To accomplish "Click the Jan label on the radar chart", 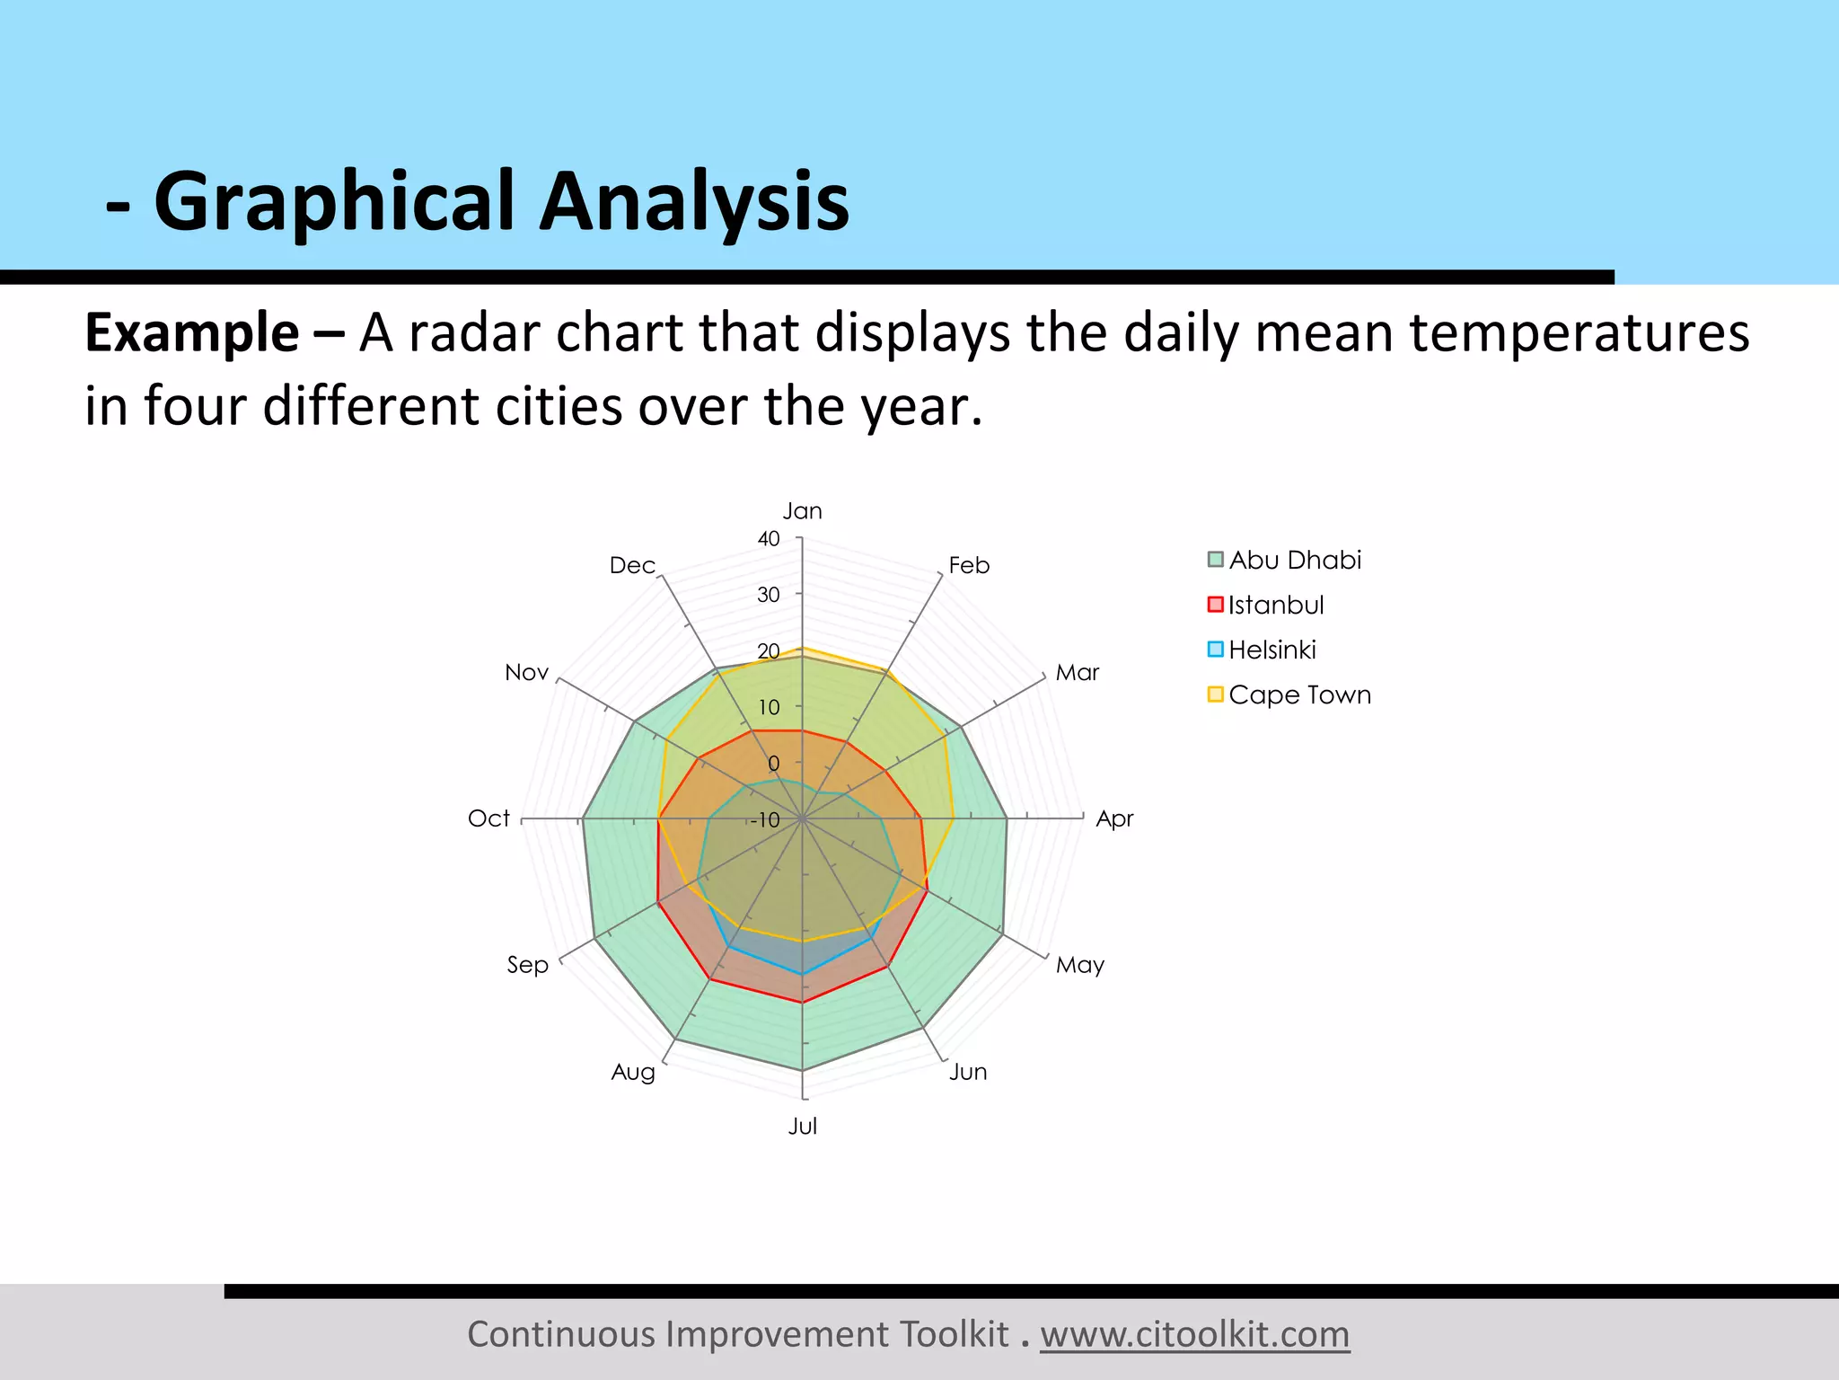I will point(802,511).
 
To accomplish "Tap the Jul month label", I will point(802,1127).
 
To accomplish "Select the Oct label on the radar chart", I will point(488,818).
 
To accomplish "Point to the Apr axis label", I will point(1114,818).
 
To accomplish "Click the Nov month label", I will point(526,672).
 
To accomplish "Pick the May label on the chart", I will point(1079,965).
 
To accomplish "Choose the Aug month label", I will point(633,1072).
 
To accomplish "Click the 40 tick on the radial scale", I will point(769,539).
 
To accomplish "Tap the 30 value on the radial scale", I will point(769,595).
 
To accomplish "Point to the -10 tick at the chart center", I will point(765,820).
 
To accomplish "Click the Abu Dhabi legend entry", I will point(1294,560).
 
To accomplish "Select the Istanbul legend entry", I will point(1275,605).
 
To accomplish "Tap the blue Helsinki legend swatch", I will point(1216,650).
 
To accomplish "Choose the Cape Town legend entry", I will point(1298,694).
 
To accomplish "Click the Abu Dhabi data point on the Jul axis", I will point(802,1070).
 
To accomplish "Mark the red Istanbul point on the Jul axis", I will point(802,1002).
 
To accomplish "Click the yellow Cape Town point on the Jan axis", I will point(802,648).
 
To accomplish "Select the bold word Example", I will point(191,333).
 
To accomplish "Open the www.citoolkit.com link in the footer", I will point(1194,1334).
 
